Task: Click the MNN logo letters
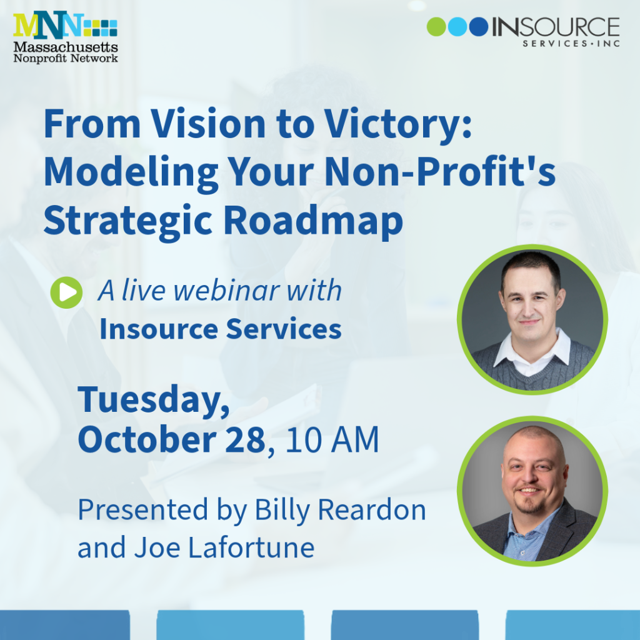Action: click(x=48, y=25)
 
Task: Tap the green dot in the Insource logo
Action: click(x=436, y=26)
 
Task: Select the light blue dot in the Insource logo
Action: click(x=457, y=26)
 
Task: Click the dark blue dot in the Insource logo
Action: click(x=479, y=26)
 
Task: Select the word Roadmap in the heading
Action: click(x=313, y=221)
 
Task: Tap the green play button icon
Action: click(x=66, y=292)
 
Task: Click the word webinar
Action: click(x=227, y=291)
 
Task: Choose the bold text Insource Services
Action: click(x=221, y=329)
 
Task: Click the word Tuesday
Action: click(x=154, y=401)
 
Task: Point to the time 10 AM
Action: click(x=332, y=439)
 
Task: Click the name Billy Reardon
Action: click(x=341, y=510)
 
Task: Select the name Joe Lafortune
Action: click(x=224, y=547)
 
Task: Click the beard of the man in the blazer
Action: click(x=530, y=504)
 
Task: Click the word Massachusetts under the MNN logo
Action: click(x=66, y=47)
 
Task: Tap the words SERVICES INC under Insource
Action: click(x=571, y=43)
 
